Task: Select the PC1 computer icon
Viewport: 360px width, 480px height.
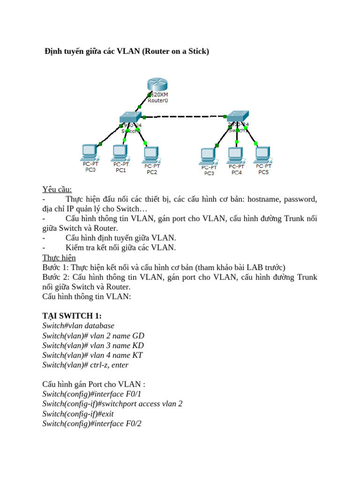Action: pos(120,151)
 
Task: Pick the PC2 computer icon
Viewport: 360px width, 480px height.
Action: pos(150,152)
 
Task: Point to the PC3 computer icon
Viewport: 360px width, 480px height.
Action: pos(208,154)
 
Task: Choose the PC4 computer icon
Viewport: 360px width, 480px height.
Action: pos(235,153)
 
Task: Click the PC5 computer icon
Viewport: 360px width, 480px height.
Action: pos(263,153)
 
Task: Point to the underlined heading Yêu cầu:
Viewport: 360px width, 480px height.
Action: pos(57,189)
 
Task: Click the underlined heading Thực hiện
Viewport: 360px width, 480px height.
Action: pos(59,258)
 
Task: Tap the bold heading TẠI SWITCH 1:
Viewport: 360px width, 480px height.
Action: pos(72,315)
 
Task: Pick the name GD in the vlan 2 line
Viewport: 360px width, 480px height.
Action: pos(138,336)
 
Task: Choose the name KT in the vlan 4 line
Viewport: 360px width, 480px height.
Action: pos(137,355)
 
